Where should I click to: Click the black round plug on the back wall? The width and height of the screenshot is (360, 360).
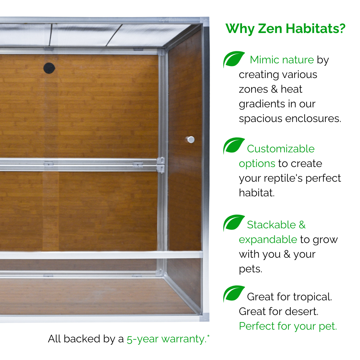coord(49,68)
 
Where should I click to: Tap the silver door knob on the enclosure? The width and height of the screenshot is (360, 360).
coord(190,139)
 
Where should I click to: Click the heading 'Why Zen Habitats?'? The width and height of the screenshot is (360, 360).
coord(285,29)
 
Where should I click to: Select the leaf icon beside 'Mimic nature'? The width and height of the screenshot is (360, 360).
coord(233,59)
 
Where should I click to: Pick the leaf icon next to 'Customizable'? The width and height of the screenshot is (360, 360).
coord(233,146)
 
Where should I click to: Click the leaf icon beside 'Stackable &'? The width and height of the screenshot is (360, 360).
coord(233,223)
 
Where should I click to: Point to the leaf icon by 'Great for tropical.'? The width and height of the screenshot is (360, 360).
coord(233,294)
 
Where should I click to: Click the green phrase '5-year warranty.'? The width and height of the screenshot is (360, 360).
coord(167,339)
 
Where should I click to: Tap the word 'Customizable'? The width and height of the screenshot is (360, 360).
coord(281,149)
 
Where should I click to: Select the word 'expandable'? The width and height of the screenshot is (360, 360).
coord(268,240)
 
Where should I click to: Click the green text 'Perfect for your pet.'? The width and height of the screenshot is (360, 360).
coord(288,326)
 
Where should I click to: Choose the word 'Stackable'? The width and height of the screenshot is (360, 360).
coord(271,225)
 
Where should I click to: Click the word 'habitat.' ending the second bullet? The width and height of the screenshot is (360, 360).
coord(257,193)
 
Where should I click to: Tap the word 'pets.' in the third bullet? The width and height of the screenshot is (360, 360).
coord(250,269)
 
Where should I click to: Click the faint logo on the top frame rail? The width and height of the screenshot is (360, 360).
coord(173,20)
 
